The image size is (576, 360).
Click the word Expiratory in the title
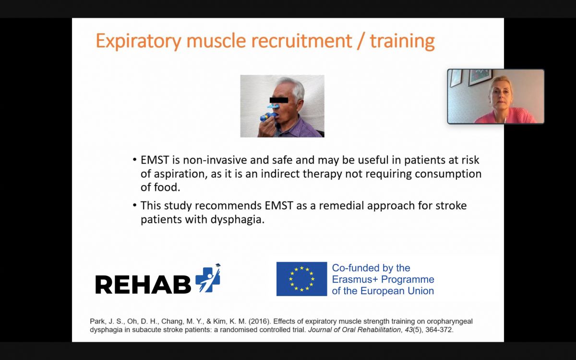[139, 41]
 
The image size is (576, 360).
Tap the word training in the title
[402, 41]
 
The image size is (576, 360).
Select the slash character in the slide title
[361, 41]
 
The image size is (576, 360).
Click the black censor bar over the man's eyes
[279, 100]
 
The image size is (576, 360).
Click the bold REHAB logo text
[143, 284]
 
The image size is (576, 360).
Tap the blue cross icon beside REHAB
[208, 279]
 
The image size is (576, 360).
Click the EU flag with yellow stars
[301, 279]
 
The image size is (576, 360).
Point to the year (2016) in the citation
[260, 322]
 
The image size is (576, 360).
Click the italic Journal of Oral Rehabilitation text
[354, 330]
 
